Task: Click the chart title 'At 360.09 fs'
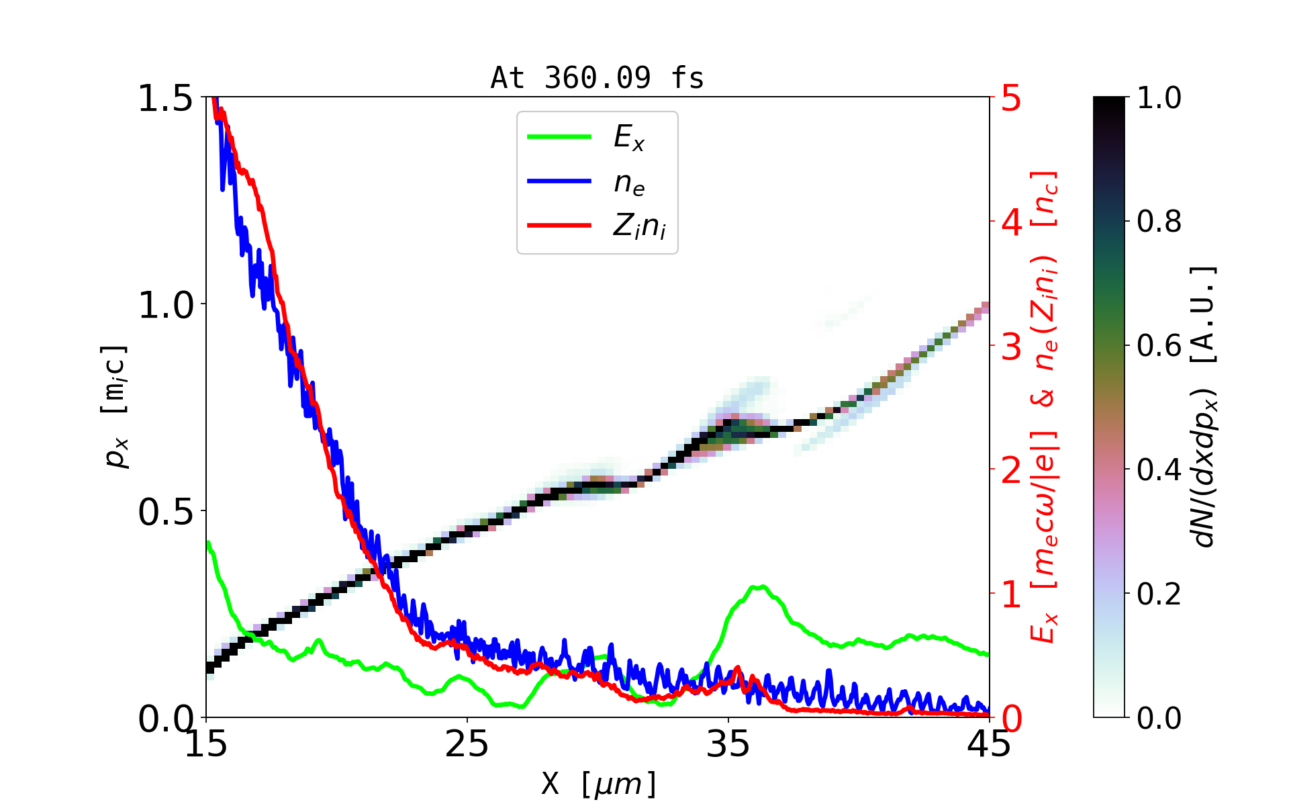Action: point(597,79)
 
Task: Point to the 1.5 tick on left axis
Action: point(165,99)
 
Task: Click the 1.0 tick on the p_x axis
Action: point(165,306)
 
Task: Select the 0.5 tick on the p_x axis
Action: point(165,512)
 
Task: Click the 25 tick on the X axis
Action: point(467,744)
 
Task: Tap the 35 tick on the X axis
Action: point(728,744)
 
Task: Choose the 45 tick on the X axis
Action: point(990,744)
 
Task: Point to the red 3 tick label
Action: point(1011,347)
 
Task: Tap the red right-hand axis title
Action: point(1045,406)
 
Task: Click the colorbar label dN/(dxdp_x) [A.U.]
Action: point(1204,406)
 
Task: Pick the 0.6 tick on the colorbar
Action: point(1159,346)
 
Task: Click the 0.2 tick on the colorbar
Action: point(1159,594)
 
